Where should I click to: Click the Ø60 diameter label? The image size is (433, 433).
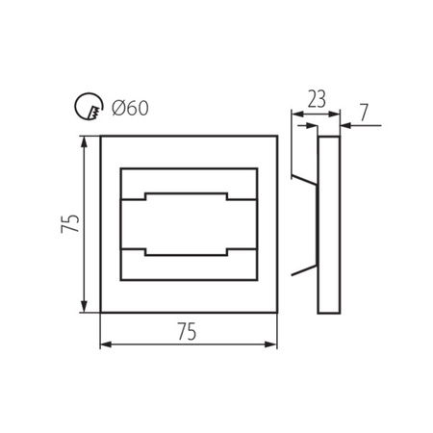coord(129,108)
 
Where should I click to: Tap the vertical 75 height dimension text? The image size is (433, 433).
coord(68,224)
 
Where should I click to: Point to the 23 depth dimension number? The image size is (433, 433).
coord(316,97)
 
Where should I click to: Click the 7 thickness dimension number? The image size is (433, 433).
coord(364,113)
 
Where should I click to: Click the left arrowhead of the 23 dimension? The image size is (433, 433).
coord(296,113)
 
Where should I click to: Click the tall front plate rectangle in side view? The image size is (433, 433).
coord(329,224)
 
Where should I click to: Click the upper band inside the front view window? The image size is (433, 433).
coord(188,183)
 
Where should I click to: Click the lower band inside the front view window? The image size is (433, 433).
coord(188,267)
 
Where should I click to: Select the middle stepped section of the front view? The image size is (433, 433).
coord(188,224)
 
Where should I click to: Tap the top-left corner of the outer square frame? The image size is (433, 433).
coord(101,137)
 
